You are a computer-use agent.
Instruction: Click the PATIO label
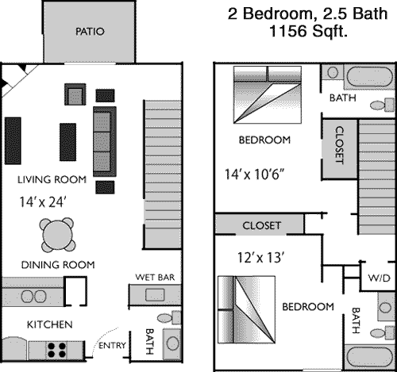pyautogui.click(x=90, y=32)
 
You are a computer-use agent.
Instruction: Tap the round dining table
pyautogui.click(x=57, y=235)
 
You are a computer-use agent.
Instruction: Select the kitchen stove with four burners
pyautogui.click(x=56, y=350)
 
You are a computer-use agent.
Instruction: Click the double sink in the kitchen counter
pyautogui.click(x=33, y=297)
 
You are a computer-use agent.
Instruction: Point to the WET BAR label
pyautogui.click(x=155, y=278)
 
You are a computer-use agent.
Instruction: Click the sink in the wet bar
pyautogui.click(x=155, y=295)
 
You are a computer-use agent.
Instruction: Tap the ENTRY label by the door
pyautogui.click(x=112, y=345)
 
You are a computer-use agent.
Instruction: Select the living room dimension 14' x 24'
pyautogui.click(x=42, y=202)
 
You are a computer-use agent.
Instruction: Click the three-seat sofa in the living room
pyautogui.click(x=105, y=141)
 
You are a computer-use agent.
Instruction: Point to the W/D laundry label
pyautogui.click(x=379, y=278)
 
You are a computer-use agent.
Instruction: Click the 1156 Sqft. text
pyautogui.click(x=308, y=31)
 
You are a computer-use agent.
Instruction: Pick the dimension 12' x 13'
pyautogui.click(x=261, y=258)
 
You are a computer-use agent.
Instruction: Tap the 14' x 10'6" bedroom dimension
pyautogui.click(x=255, y=174)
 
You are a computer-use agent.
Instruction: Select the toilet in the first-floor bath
pyautogui.click(x=169, y=317)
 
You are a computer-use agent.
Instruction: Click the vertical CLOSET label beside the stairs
pyautogui.click(x=340, y=145)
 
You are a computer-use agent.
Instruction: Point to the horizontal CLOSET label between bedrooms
pyautogui.click(x=261, y=225)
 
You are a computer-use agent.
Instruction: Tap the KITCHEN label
pyautogui.click(x=50, y=324)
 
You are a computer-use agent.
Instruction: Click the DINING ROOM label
pyautogui.click(x=58, y=265)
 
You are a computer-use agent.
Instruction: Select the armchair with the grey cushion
pyautogui.click(x=75, y=94)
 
